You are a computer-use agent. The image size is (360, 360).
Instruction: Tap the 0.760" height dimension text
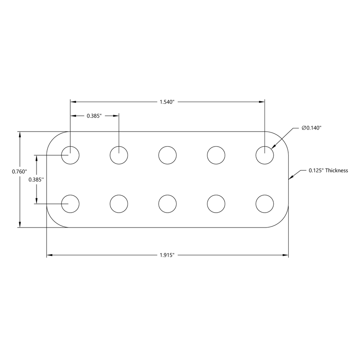point(20,171)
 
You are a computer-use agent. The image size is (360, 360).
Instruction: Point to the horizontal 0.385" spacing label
point(94,116)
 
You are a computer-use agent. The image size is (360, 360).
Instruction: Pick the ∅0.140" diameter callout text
point(312,128)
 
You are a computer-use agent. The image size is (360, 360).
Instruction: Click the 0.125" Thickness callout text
point(328,170)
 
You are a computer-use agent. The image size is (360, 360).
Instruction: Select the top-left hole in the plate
point(71,155)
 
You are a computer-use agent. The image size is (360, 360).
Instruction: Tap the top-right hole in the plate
point(264,155)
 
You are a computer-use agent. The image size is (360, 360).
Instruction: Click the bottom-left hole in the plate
point(71,204)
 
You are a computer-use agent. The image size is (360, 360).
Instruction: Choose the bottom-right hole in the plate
point(264,204)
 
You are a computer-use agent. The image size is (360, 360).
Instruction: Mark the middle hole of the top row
point(167,155)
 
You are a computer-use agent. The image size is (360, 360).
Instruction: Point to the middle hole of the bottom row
point(167,204)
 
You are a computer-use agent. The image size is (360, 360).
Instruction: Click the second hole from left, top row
point(119,155)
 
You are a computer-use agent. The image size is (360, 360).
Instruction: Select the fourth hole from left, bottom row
point(216,204)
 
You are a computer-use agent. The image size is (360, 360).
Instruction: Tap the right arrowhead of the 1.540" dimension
point(262,102)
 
